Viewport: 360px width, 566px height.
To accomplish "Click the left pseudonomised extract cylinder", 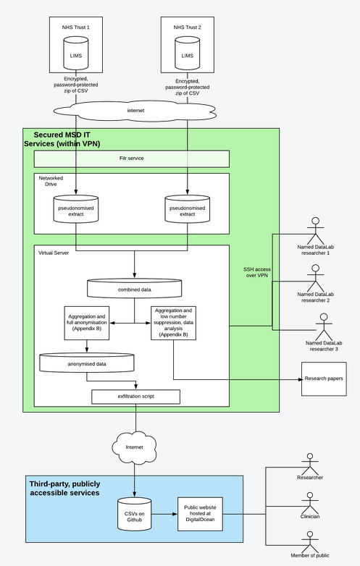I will point(76,209).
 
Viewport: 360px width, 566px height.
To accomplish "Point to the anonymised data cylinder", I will point(87,363).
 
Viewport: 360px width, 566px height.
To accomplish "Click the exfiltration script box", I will point(135,397).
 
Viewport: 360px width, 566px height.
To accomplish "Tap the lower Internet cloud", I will point(135,446).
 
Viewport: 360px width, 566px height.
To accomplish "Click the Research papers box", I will point(325,378).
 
